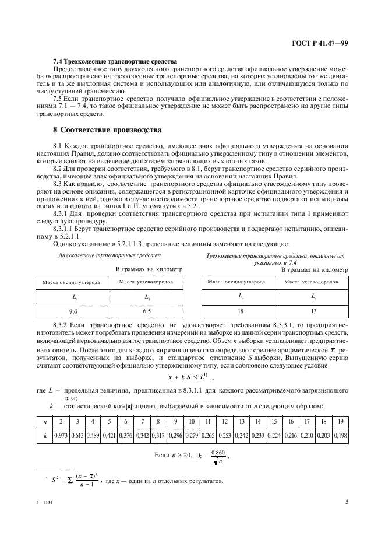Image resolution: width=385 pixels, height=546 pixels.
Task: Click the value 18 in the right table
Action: (x=240, y=312)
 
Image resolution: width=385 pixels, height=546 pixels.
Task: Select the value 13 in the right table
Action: (x=313, y=312)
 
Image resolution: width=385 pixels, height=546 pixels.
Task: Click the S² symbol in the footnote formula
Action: (x=56, y=481)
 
